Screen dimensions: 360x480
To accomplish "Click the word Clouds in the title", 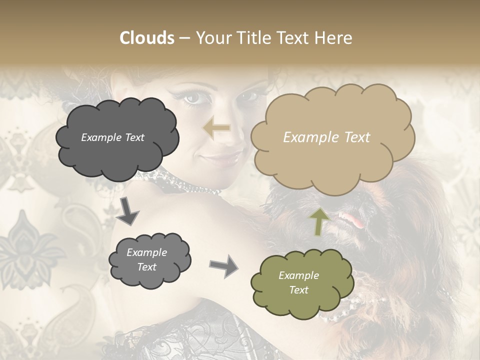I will tap(147, 38).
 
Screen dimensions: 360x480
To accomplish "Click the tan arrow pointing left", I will tap(216, 128).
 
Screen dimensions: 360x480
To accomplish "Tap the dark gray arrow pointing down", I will tap(128, 210).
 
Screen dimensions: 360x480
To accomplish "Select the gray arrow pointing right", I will tap(223, 265).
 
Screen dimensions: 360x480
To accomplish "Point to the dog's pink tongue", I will tap(349, 219).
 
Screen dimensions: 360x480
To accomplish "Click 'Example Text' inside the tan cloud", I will tap(326, 137).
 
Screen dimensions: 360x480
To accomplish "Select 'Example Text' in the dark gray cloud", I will tap(112, 137).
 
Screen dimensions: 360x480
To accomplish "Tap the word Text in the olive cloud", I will tap(299, 290).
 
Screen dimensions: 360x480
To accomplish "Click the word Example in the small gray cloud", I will tap(146, 252).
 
